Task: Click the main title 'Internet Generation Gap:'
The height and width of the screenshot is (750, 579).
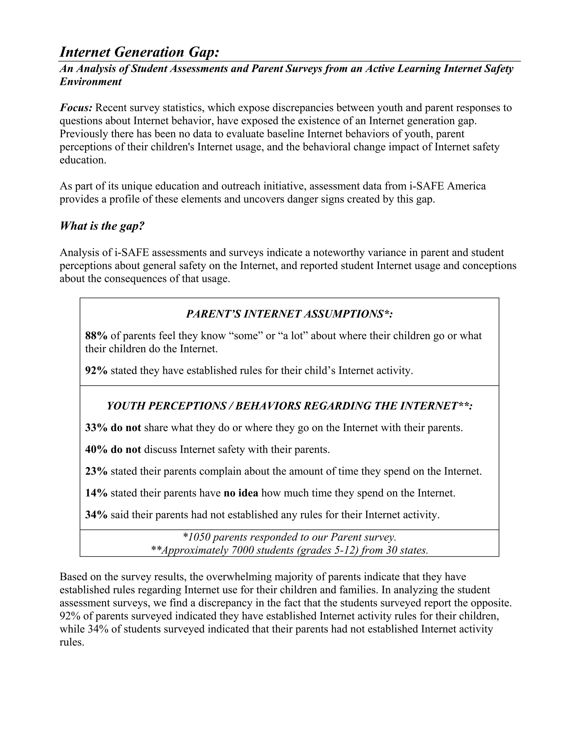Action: [139, 52]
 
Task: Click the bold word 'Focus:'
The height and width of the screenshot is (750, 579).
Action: [76, 108]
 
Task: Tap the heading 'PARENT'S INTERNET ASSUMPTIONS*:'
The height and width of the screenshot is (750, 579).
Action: [289, 314]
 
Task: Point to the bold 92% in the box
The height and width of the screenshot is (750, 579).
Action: [96, 370]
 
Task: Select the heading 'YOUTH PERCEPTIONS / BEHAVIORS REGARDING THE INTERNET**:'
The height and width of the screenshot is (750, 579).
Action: [289, 406]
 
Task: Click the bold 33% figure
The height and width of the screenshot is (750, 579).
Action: [96, 428]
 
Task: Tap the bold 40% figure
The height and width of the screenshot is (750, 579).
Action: [96, 449]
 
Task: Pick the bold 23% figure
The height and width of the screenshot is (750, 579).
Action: [96, 471]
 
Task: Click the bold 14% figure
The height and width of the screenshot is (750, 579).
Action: [96, 493]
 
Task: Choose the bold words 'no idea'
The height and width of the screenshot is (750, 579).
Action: [241, 493]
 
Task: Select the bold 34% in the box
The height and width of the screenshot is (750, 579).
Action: [96, 515]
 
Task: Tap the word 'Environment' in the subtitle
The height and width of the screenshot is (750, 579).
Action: [90, 82]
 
